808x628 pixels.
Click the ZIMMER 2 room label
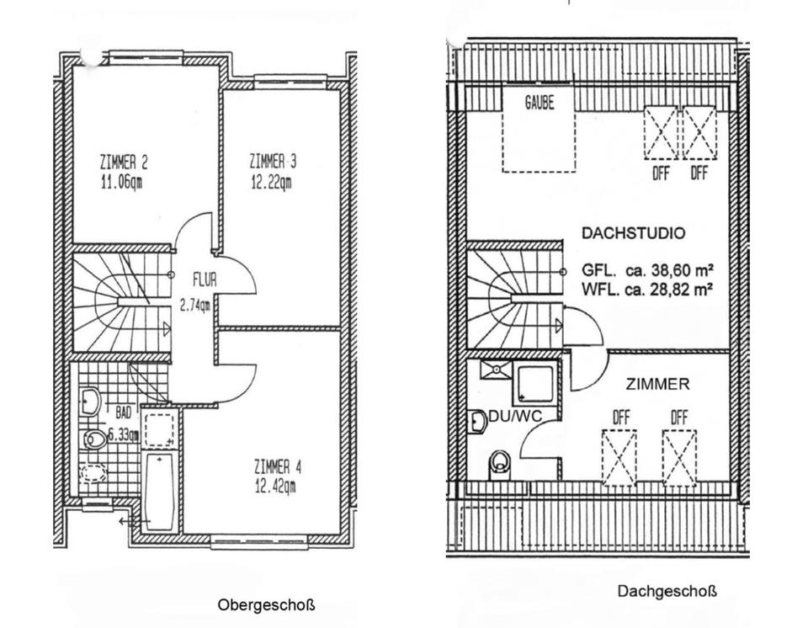point(124,163)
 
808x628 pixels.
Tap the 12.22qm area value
point(272,183)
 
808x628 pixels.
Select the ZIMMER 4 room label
point(277,468)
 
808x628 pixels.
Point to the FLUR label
point(205,279)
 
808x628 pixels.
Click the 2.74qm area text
point(194,306)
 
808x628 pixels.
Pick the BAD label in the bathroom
point(123,412)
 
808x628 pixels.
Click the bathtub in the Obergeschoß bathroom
point(160,492)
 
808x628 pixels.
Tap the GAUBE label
point(540,102)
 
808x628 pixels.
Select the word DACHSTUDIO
point(633,233)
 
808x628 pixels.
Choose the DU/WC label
point(515,416)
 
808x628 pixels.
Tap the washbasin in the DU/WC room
point(478,423)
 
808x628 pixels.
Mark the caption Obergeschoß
point(266,604)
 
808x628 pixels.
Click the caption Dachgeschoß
point(667,591)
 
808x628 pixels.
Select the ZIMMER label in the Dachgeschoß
point(657,384)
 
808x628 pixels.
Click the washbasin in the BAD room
point(91,402)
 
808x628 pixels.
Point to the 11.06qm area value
point(121,183)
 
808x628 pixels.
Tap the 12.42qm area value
point(275,487)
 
